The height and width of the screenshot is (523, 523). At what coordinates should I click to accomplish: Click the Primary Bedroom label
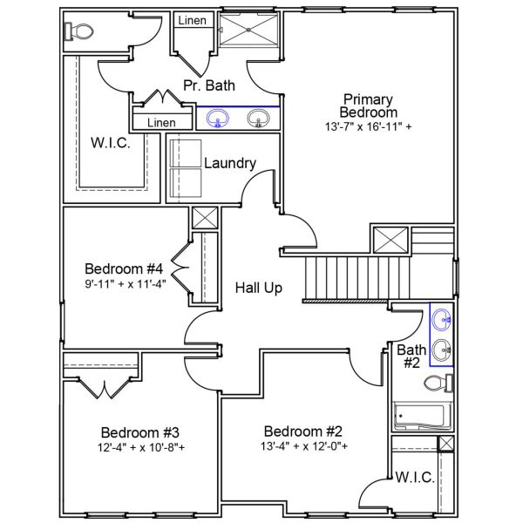[x=368, y=105]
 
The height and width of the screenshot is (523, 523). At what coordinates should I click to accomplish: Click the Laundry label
[x=229, y=163]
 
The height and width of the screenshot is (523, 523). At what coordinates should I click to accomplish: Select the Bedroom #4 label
[x=126, y=268]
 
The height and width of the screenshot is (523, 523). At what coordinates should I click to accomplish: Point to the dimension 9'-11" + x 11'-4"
[x=126, y=282]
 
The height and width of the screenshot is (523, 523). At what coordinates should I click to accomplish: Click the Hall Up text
[x=258, y=288]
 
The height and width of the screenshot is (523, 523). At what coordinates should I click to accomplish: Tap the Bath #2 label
[x=411, y=357]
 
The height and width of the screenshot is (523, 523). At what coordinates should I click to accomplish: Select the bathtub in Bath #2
[x=422, y=417]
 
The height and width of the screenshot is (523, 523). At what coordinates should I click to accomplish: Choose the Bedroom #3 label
[x=140, y=432]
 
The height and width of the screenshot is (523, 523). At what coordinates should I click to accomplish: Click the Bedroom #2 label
[x=303, y=431]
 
